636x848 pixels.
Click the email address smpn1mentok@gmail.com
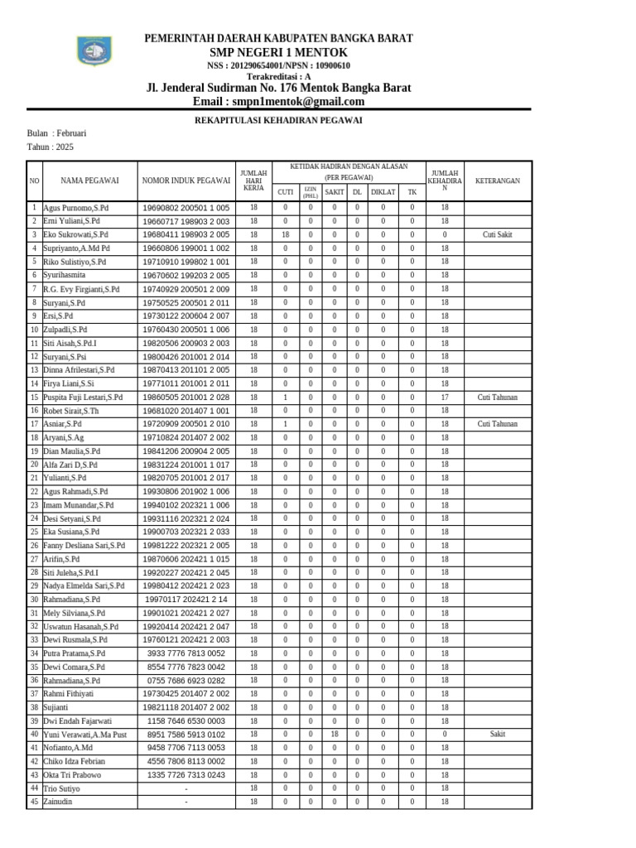(x=278, y=102)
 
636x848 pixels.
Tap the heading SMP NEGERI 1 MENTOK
(x=278, y=52)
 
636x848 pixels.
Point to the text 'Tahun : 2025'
(x=51, y=147)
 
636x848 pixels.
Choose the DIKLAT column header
(x=383, y=192)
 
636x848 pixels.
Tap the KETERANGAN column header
(x=497, y=180)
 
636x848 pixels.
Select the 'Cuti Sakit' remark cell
(x=497, y=235)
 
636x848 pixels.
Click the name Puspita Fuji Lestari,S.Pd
(x=83, y=397)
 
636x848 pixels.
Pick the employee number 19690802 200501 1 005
(x=185, y=208)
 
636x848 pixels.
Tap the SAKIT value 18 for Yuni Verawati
(x=335, y=735)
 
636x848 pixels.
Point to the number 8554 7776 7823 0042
(x=185, y=667)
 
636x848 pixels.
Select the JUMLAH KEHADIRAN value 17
(x=444, y=397)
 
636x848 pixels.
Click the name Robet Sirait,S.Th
(x=71, y=411)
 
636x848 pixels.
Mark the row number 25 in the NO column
(x=34, y=532)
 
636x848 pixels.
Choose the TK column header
(x=412, y=192)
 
